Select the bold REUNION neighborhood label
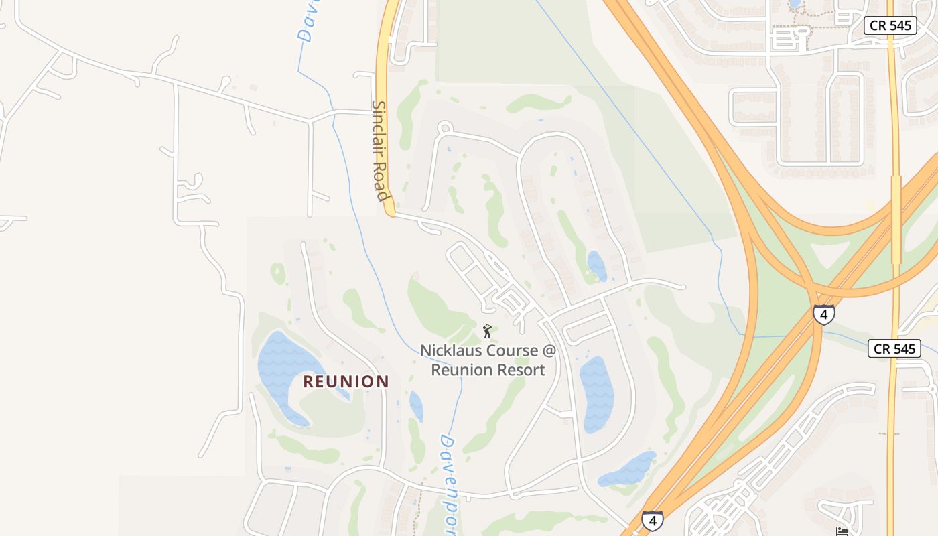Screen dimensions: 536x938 (346, 381)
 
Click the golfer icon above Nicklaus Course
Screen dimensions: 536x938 (487, 331)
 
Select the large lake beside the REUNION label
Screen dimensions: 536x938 (285, 368)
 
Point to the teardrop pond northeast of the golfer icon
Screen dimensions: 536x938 (596, 265)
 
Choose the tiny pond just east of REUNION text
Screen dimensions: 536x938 (416, 405)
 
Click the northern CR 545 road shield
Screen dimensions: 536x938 (890, 25)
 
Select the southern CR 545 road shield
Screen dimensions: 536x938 (894, 348)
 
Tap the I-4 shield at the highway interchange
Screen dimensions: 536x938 (823, 314)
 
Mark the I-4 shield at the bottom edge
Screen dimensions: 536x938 (652, 520)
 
